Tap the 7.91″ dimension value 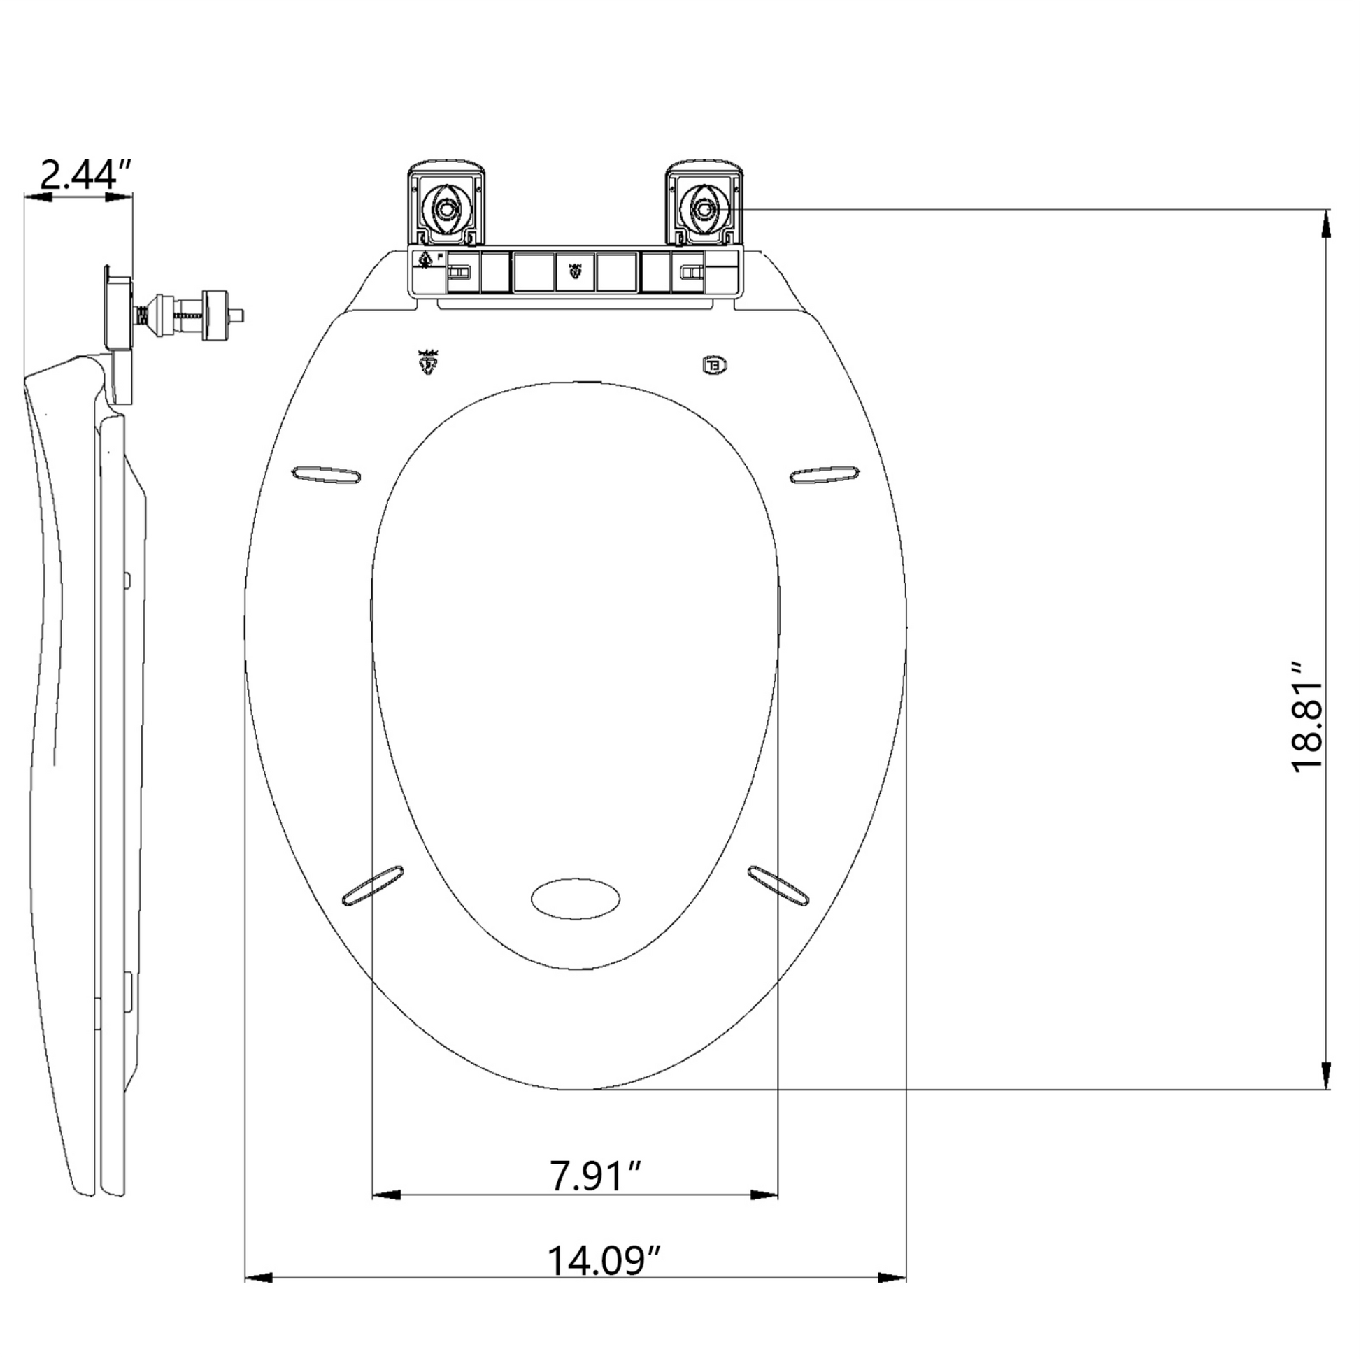pos(597,1176)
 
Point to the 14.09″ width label pos(605,1260)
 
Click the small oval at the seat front pos(576,898)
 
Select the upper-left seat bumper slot pos(327,474)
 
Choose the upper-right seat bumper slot pos(825,474)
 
